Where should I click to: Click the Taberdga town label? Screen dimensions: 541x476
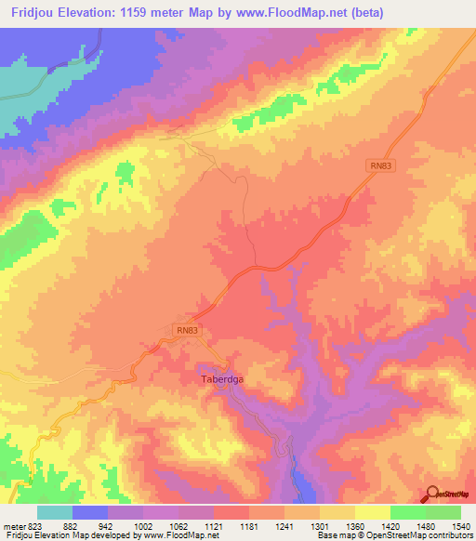coord(222,379)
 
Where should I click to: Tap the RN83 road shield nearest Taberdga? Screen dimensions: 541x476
coord(187,329)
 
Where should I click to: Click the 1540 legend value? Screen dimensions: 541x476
coord(461,527)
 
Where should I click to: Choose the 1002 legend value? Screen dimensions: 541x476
coord(143,527)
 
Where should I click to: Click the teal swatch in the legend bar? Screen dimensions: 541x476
coord(55,512)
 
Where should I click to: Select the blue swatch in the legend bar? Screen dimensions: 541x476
coord(90,512)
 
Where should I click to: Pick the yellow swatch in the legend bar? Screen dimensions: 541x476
coord(372,512)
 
